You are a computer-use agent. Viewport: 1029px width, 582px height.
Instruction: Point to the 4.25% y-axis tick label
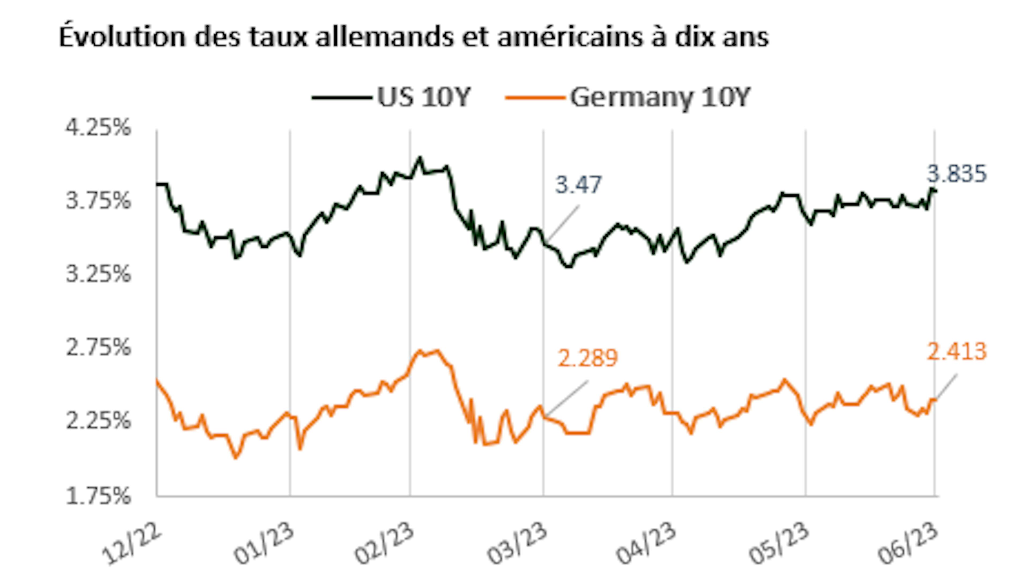point(98,128)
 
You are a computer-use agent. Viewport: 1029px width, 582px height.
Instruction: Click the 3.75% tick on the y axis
point(98,201)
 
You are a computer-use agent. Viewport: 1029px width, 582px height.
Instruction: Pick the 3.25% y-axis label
point(98,275)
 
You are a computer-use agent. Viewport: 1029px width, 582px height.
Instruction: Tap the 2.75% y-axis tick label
point(98,348)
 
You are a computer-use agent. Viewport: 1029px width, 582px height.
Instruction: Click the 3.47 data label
point(578,185)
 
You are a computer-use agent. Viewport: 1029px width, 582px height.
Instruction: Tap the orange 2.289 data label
point(587,358)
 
